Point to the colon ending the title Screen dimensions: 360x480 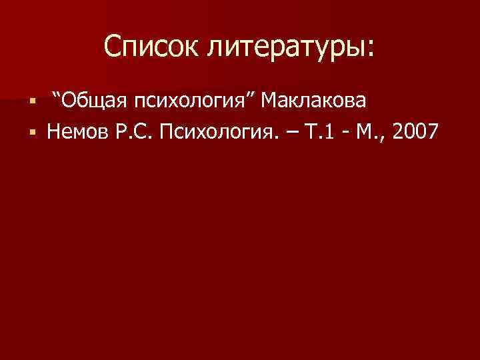click(371, 50)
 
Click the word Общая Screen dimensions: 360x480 click(95, 101)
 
